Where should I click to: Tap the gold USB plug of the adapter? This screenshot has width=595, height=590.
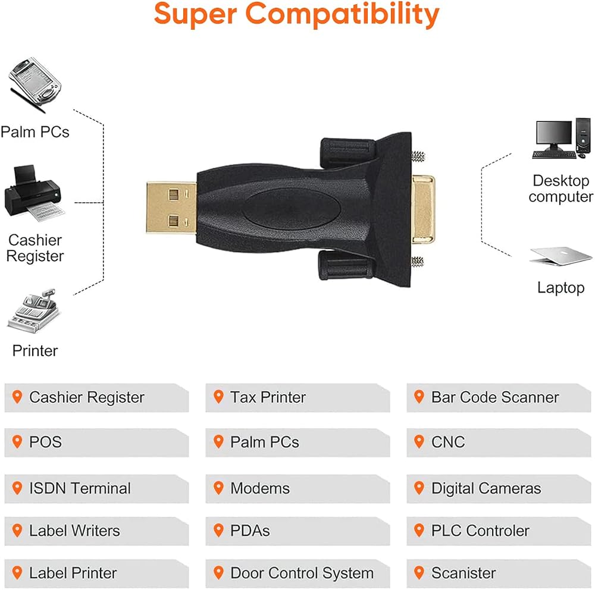pyautogui.click(x=171, y=208)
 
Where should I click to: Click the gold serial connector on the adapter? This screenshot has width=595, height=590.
pyautogui.click(x=424, y=209)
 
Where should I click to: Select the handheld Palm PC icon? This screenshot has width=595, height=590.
pyautogui.click(x=34, y=84)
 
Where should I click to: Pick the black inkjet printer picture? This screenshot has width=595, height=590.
pyautogui.click(x=34, y=193)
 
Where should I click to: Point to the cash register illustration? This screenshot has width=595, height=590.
pyautogui.click(x=33, y=311)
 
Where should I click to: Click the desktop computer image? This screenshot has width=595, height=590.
pyautogui.click(x=562, y=138)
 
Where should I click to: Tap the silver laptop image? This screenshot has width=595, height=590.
pyautogui.click(x=561, y=256)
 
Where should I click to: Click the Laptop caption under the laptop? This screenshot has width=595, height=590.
pyautogui.click(x=561, y=288)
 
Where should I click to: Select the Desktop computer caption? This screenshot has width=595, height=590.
pyautogui.click(x=561, y=189)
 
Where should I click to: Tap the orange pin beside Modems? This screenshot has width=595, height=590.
pyautogui.click(x=218, y=488)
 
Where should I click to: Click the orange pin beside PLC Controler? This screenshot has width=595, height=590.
pyautogui.click(x=419, y=531)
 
